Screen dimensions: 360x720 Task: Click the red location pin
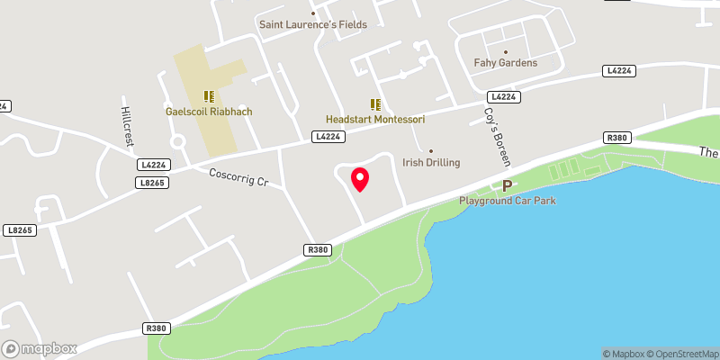(359, 178)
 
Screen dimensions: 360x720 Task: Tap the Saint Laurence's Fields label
(313, 24)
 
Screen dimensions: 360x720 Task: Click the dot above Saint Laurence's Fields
(313, 13)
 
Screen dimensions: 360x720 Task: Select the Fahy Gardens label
(506, 63)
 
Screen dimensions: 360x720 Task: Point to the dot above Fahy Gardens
(506, 51)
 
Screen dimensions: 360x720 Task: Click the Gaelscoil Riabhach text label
(209, 112)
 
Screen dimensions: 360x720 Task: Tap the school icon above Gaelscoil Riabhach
(209, 95)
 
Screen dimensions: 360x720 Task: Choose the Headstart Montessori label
(374, 119)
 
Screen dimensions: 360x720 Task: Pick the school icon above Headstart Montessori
(374, 103)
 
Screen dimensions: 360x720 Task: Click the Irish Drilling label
(431, 163)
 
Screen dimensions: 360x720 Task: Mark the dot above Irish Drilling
(431, 151)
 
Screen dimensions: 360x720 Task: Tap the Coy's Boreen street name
(498, 137)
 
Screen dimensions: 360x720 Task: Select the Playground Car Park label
(508, 200)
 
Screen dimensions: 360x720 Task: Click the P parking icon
(507, 186)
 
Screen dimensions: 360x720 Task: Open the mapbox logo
(40, 348)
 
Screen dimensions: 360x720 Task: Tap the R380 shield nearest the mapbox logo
(156, 329)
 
